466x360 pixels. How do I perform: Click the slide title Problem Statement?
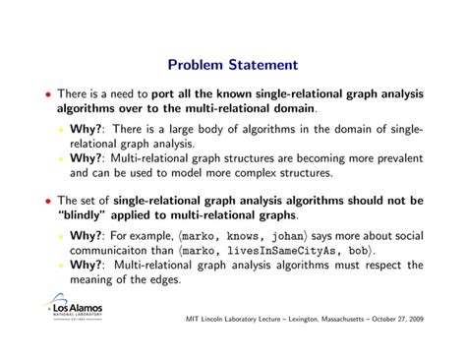[232, 65]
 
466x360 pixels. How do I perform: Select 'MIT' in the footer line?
[193, 321]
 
